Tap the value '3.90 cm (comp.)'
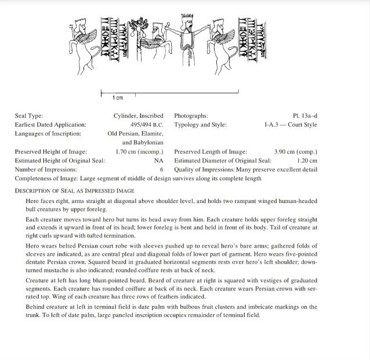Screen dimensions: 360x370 [295, 152]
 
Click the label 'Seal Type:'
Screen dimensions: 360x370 [28, 116]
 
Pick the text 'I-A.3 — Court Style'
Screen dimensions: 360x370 [291, 125]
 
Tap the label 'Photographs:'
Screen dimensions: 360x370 [191, 116]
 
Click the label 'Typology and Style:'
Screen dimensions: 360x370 [200, 125]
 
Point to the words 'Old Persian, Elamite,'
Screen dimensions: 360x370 [136, 133]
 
